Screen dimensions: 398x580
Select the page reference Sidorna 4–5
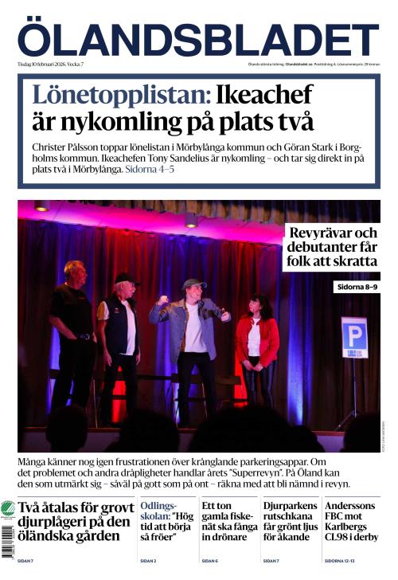tap(150, 170)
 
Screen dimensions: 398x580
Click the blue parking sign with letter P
tap(354, 337)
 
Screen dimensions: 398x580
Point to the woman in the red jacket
tap(256, 339)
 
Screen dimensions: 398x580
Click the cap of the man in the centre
tap(193, 283)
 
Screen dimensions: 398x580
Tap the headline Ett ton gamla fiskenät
tap(228, 521)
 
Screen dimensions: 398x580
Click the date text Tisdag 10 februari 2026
tap(40, 64)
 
